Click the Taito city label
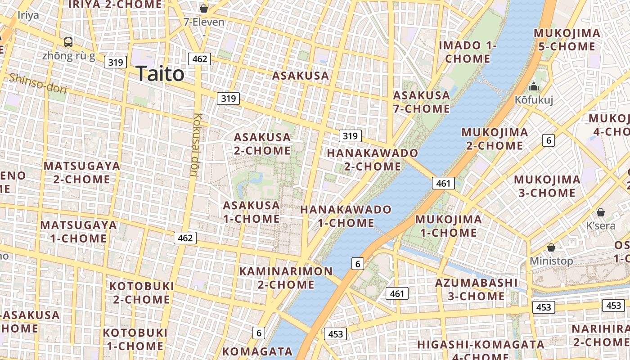160,74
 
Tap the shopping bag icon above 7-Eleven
204,9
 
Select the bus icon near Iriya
68,42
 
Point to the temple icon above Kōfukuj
534,86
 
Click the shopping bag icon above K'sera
600,212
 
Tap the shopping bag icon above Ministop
551,247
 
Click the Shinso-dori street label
38,84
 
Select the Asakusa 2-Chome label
262,144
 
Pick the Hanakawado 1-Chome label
346,216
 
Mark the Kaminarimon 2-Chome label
286,278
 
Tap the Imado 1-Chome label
468,52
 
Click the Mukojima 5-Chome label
567,40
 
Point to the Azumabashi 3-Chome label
476,289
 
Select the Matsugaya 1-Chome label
78,231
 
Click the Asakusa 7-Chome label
421,102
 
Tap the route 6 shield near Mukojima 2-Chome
548,140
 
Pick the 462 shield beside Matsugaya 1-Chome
185,238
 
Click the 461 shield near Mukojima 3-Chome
443,183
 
